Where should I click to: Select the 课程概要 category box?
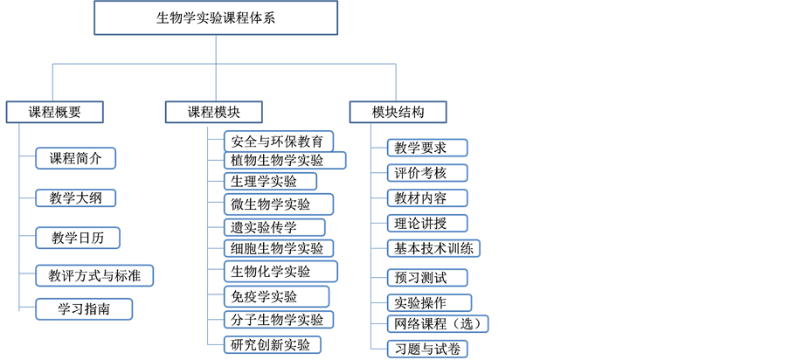tap(54, 112)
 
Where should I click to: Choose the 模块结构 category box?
tap(398, 112)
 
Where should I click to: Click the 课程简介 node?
tap(76, 158)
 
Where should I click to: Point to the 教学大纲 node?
tap(76, 197)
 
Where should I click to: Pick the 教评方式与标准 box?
tap(95, 276)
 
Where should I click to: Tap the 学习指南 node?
tap(84, 308)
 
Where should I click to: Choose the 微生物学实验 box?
tap(271, 204)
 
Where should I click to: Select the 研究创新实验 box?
tap(271, 344)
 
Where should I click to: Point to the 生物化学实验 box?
tap(271, 272)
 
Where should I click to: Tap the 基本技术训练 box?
tap(433, 248)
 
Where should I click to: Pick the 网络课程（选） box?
tap(438, 324)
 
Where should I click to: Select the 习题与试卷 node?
tap(427, 349)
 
